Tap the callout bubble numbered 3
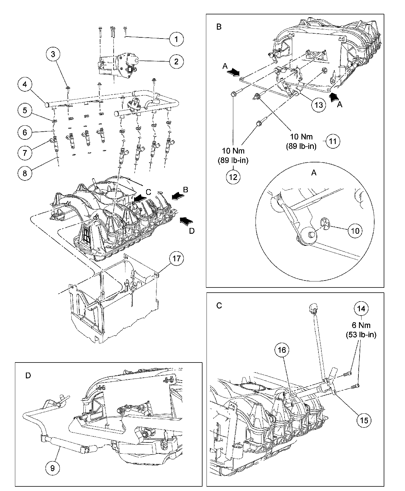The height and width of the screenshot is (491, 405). pos(53,54)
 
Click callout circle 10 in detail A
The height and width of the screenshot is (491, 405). pos(356,231)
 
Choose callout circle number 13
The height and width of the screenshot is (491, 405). pos(319,105)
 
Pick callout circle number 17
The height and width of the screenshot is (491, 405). pos(176,259)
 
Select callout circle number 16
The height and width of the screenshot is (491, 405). pos(282,350)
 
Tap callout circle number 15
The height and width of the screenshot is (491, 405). pos(364,420)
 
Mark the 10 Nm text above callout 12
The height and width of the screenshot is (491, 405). pos(233,151)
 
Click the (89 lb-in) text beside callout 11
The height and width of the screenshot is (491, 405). pos(301,146)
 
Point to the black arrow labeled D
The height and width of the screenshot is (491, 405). pos(186,221)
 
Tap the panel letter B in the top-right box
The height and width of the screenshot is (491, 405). pos(219,27)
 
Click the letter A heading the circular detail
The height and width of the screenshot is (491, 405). pos(314,172)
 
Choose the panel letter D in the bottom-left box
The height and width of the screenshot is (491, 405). pos(28,376)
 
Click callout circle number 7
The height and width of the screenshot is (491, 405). pos(25,153)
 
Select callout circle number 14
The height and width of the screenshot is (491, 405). pos(361,309)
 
